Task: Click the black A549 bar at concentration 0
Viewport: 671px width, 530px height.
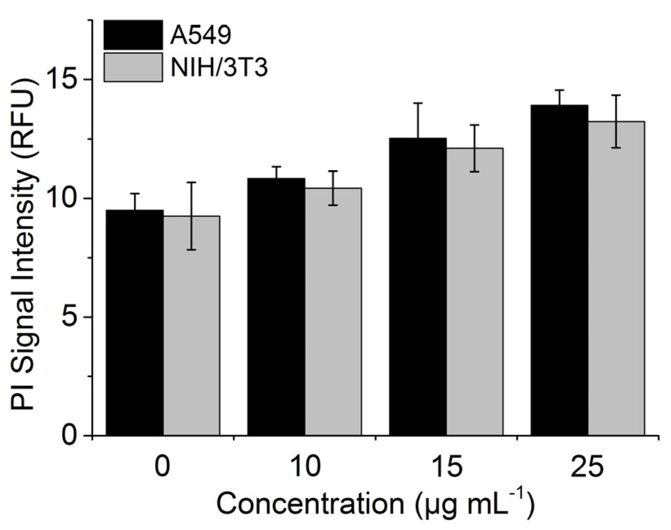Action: point(134,322)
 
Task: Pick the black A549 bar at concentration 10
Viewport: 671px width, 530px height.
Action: point(276,306)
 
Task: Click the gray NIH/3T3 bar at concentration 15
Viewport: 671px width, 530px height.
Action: point(474,291)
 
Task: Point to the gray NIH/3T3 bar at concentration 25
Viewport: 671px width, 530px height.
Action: point(616,278)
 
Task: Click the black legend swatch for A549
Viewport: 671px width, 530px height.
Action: point(133,35)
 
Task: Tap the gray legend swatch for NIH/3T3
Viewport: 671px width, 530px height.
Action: point(133,67)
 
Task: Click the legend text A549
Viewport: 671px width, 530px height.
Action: point(201,35)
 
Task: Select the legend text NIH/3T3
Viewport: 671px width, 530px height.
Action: point(219,68)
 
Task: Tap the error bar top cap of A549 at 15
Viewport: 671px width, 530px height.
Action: point(418,103)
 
